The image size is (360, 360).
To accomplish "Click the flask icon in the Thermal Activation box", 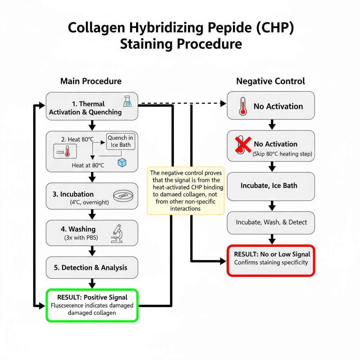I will (x=127, y=101).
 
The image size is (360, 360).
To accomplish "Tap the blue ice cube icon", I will (x=122, y=162).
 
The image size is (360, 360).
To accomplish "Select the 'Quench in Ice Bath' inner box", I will (x=120, y=141).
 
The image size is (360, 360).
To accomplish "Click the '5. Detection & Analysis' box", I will (x=92, y=268).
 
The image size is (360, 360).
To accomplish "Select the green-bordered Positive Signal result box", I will (x=92, y=305).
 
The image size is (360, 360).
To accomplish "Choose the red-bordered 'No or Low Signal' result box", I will (x=271, y=261).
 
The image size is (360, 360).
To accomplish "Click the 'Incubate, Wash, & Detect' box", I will (x=271, y=222).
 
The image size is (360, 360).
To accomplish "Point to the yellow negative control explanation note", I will (x=185, y=191).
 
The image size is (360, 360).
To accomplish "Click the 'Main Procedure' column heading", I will (x=91, y=81).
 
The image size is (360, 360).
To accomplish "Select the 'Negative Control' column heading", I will (x=270, y=81).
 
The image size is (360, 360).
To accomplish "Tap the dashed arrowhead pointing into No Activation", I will (x=223, y=103).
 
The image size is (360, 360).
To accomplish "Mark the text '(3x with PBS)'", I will (x=81, y=238).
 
